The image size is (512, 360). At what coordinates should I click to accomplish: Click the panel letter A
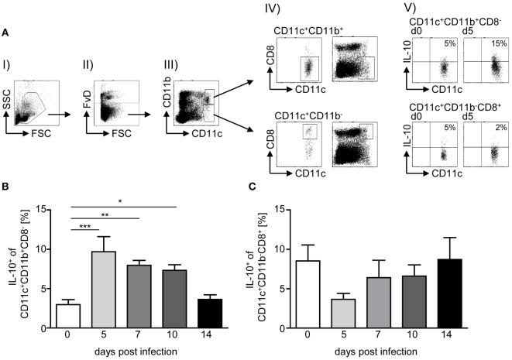click(x=6, y=33)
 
